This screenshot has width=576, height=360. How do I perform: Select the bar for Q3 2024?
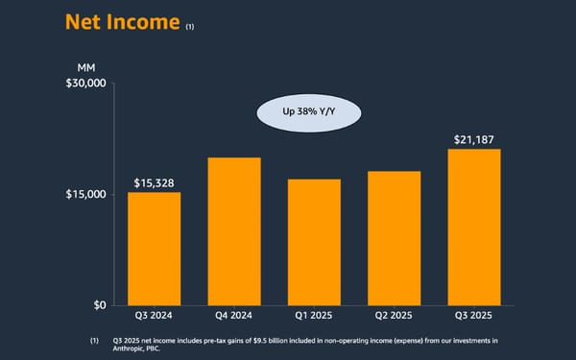(155, 249)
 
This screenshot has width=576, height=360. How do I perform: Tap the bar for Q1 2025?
(314, 242)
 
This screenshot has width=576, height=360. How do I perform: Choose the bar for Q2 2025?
(394, 238)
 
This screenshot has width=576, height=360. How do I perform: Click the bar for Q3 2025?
(473, 227)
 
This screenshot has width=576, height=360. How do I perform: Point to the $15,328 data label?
(155, 182)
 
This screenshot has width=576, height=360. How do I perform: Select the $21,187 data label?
(474, 139)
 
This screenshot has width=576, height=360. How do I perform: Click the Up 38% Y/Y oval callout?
(307, 113)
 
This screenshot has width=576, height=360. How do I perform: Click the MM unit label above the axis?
(85, 67)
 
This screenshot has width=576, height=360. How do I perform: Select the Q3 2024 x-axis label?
(155, 316)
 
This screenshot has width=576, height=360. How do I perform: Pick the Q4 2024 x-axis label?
(234, 316)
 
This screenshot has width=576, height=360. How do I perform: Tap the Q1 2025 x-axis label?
(314, 316)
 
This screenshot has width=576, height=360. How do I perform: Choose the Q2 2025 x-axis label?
(394, 316)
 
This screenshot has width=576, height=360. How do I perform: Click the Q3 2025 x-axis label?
(473, 316)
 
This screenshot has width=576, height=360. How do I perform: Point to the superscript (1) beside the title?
(190, 28)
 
